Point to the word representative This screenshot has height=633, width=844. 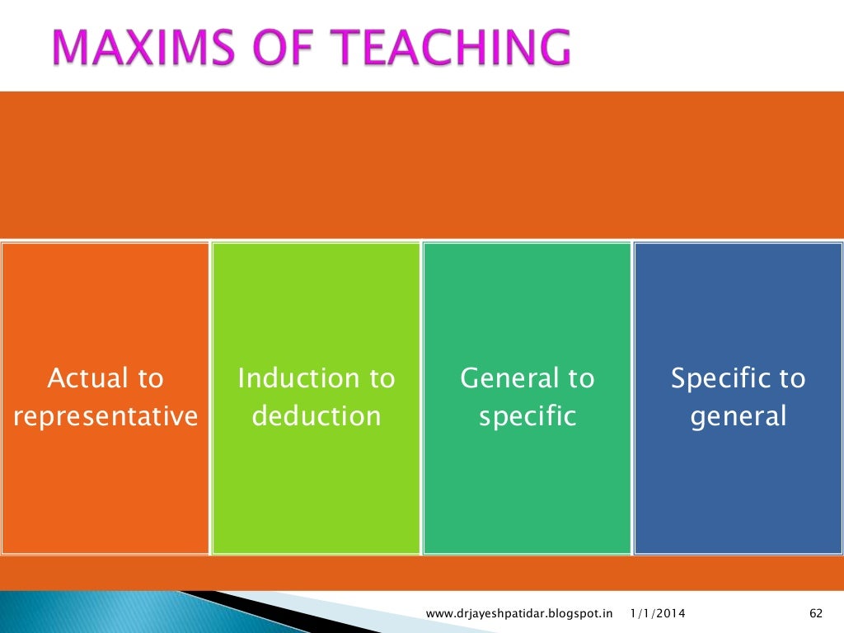[x=105, y=416]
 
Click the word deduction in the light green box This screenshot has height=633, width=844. [x=316, y=416]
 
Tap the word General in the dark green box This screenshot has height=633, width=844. [x=504, y=379]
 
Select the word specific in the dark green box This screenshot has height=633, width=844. [x=527, y=416]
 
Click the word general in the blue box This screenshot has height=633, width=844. [x=738, y=416]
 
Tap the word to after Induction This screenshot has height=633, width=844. [x=381, y=379]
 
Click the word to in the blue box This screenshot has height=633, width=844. [x=791, y=379]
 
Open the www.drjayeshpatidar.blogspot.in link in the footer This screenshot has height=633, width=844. [x=520, y=613]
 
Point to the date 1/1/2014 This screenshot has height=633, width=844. [x=657, y=613]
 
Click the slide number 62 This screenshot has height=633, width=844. [x=817, y=613]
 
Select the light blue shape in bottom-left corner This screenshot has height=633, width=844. [x=82, y=614]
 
